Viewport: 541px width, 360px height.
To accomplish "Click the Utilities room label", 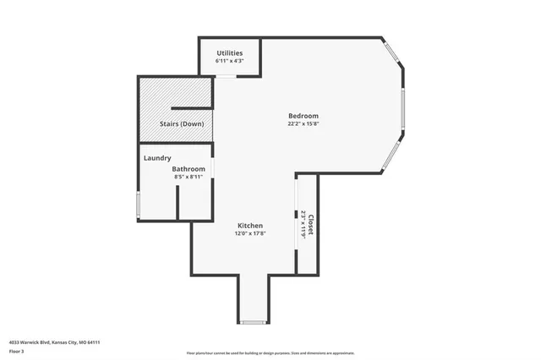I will pos(230,52).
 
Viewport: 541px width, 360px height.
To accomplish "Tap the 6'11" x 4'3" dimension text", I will pos(230,61).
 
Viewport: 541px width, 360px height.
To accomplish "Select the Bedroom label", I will pos(303,116).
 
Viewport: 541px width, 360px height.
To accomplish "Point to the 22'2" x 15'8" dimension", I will pos(303,124).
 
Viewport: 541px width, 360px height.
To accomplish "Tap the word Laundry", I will pos(158,158).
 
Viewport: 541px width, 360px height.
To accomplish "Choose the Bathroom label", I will pos(189,169).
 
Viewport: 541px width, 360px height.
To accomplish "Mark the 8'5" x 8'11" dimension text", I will pos(189,177).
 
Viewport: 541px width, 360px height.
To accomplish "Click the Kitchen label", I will pos(249,226).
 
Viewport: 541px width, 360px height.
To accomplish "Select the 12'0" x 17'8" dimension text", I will pos(249,234).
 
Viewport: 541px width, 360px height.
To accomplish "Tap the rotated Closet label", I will pos(310,224).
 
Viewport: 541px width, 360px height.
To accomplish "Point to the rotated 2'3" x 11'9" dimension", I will pos(303,224).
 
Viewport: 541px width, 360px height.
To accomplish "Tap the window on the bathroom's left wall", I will pos(139,205).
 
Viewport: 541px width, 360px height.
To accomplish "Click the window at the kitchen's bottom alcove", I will pos(252,322).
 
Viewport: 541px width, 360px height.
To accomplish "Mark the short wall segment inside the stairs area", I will pos(189,107).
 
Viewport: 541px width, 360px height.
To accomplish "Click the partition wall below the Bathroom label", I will pos(178,203).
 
